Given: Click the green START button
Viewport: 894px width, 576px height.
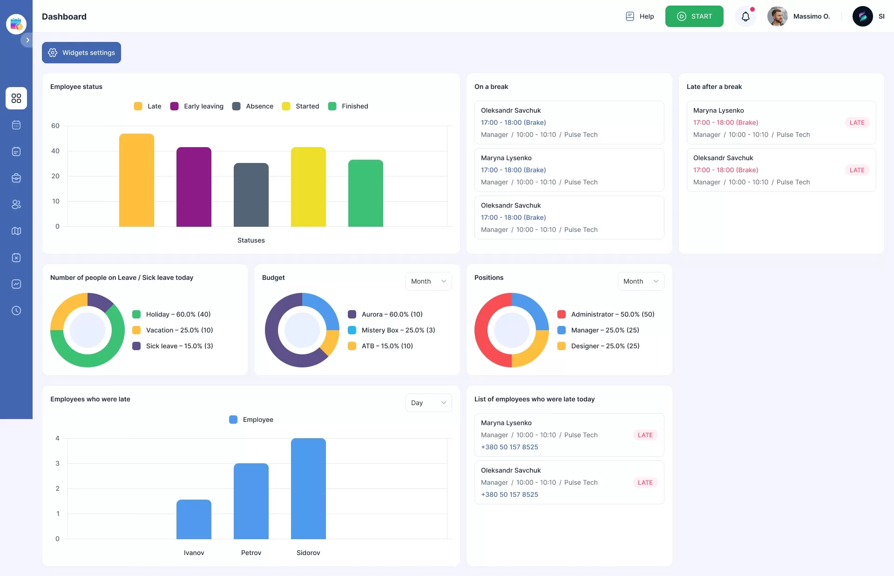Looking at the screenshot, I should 694,16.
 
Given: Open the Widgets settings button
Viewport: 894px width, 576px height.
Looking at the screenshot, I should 81,53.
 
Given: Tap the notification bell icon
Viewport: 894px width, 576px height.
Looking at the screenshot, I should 745,17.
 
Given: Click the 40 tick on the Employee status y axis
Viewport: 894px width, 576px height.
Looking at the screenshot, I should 55,151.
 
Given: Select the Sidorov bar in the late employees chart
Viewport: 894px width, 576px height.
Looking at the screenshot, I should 308,488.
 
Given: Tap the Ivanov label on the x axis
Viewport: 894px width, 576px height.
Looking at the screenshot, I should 194,553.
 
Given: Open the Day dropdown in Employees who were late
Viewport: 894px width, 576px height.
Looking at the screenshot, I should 428,403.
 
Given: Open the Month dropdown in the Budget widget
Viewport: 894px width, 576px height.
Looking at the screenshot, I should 428,281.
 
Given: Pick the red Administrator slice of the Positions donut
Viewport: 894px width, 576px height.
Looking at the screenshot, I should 484,335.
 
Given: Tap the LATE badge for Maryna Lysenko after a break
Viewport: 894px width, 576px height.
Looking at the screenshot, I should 857,122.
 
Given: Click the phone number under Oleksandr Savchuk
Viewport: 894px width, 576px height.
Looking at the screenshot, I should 509,495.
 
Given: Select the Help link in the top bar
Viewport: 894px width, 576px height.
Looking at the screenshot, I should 640,16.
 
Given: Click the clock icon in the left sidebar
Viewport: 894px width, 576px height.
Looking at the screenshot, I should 16,311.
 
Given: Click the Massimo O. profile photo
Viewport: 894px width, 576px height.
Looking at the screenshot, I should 777,16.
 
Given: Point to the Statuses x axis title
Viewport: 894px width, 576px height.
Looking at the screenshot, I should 251,240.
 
